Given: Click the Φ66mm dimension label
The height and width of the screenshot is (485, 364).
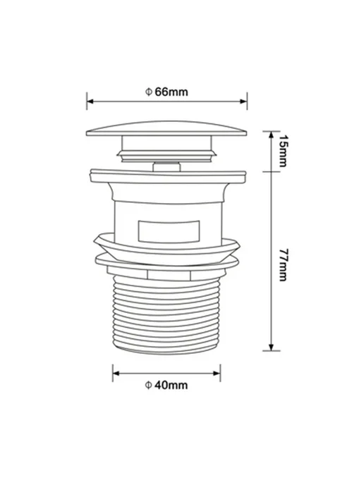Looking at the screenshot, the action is (x=166, y=92).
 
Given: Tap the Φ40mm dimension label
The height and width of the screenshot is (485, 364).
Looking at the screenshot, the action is (x=166, y=385).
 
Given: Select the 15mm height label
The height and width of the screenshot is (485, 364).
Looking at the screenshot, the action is (x=283, y=151).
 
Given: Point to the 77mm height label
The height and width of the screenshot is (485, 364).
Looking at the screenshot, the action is (x=283, y=265).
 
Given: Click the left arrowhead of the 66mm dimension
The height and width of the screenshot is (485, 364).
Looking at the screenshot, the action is (x=90, y=101).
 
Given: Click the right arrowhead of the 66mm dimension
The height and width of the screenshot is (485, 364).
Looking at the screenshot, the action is (x=243, y=101).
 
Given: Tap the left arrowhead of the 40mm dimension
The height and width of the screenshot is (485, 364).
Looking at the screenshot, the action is (x=116, y=374).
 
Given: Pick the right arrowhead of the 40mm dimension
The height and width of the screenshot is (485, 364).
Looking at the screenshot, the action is (x=217, y=374).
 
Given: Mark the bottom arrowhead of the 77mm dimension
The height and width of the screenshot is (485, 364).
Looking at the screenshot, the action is (x=271, y=347).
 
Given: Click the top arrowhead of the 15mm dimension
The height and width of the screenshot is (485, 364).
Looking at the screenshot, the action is (x=271, y=135).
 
